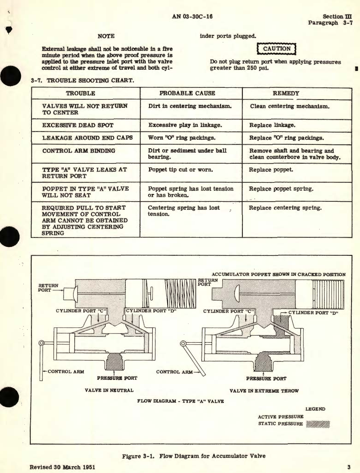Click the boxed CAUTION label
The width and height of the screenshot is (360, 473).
276,49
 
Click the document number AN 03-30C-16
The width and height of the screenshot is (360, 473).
192,17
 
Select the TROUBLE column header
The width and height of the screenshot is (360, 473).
81,93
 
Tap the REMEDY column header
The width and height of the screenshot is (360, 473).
286,93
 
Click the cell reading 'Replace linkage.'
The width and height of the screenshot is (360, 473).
272,125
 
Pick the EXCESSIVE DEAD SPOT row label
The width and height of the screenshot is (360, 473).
78,125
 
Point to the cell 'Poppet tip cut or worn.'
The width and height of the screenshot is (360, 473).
180,170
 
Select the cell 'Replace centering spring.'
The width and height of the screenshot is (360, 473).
285,208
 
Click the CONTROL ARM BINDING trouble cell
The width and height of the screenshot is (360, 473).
79,151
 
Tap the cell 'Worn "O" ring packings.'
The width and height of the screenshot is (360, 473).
182,138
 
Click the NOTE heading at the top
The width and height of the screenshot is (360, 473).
106,36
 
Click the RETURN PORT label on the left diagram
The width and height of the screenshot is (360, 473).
48,288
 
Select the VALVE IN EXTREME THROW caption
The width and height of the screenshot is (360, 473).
264,391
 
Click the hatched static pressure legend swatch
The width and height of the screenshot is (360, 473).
318,424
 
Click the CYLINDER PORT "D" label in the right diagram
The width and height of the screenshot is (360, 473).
313,313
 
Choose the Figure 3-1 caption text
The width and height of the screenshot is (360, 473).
194,456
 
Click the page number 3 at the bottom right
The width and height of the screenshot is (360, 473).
349,467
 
